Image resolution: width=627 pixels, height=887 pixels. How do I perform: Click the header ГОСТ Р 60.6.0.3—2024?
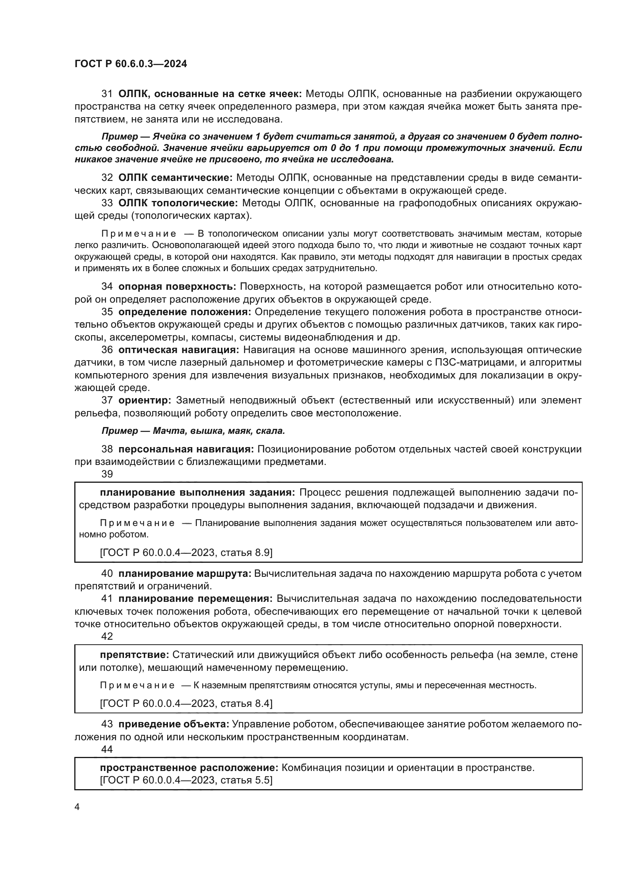click(130, 64)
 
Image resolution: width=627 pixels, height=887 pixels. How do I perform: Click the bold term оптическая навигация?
click(179, 350)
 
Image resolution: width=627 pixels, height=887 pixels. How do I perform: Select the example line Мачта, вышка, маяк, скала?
click(193, 430)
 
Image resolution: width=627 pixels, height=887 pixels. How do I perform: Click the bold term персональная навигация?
click(186, 449)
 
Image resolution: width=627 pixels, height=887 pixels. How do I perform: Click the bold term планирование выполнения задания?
click(197, 492)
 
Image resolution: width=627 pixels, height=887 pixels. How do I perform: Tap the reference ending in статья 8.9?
click(186, 553)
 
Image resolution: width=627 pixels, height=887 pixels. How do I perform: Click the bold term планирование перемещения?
click(195, 599)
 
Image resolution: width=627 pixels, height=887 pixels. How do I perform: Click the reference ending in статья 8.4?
click(186, 703)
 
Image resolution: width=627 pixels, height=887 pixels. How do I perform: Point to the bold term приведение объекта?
click(174, 724)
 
